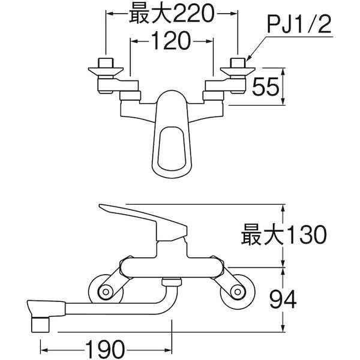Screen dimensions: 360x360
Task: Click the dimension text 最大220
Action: [172, 14]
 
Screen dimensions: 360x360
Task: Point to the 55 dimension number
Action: [265, 86]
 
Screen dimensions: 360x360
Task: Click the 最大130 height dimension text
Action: [284, 235]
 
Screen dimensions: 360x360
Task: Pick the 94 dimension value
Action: [283, 299]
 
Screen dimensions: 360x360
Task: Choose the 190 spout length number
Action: [105, 350]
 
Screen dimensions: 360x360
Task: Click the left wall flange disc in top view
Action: [106, 71]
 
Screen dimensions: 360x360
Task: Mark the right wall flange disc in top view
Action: [238, 71]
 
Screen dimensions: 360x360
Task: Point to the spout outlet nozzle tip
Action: [40, 325]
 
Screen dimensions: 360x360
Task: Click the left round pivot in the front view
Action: [106, 292]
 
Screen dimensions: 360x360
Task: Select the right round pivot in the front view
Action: [238, 292]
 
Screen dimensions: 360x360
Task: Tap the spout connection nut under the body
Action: [172, 282]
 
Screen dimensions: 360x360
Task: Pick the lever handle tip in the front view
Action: [100, 206]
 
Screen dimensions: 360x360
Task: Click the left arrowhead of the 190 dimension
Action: [43, 350]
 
